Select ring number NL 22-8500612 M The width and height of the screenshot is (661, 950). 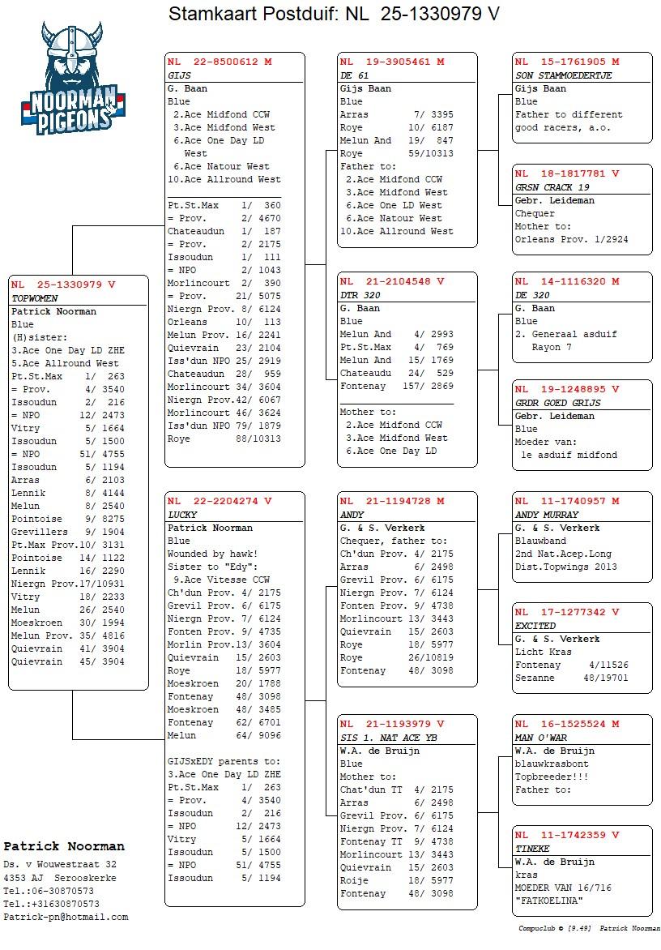tap(220, 62)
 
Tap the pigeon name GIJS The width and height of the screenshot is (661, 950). tap(179, 75)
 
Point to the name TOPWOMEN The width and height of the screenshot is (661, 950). tap(35, 298)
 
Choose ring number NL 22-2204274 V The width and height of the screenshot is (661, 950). tap(220, 501)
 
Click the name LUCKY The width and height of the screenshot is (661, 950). tap(182, 515)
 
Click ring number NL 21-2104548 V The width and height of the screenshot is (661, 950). tap(392, 281)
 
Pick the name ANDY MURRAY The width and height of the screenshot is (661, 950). tap(547, 515)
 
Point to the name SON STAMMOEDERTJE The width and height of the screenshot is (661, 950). tap(563, 75)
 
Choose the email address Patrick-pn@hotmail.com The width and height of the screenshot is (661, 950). tap(66, 917)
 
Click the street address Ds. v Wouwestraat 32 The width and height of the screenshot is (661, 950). tap(60, 865)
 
